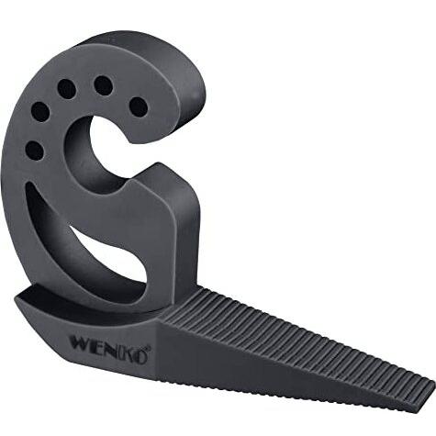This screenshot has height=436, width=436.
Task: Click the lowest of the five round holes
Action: tap(35, 151)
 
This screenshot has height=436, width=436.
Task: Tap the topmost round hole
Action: tap(104, 85)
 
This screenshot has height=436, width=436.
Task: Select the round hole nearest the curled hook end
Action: tap(139, 107)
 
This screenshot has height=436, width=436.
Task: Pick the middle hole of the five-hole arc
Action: tap(67, 89)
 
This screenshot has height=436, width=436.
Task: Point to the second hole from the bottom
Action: tap(40, 112)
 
